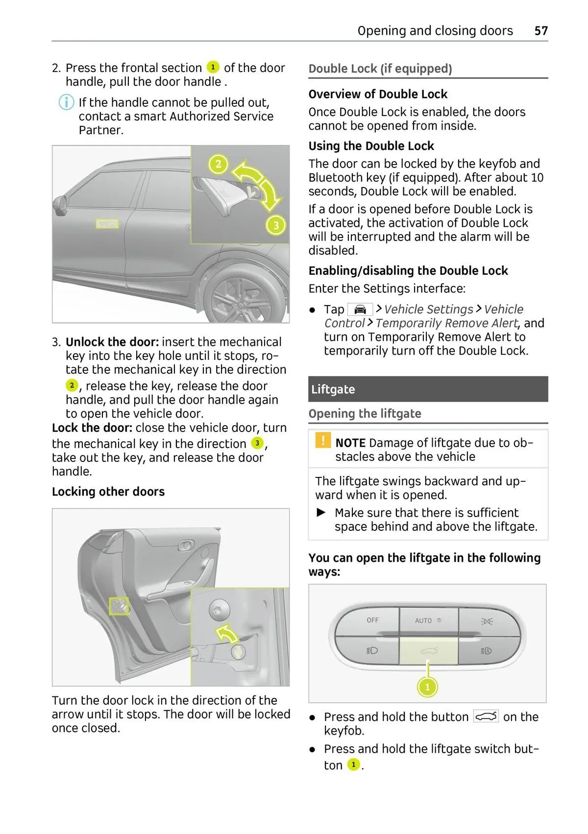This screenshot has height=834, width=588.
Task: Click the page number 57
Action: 540,31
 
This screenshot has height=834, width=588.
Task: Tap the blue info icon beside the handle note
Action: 66,102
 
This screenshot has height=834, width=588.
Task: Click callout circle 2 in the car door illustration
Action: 218,164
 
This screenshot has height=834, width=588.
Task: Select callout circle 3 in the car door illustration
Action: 276,225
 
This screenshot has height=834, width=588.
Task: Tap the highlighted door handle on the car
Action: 107,224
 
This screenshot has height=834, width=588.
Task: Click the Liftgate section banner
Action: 428,389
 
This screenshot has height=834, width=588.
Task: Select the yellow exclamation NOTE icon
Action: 323,440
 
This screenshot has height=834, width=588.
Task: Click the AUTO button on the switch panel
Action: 428,620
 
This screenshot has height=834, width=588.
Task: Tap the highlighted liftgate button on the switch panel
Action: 428,650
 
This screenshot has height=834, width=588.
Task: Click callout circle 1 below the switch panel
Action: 427,687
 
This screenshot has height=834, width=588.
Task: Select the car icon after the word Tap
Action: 360,310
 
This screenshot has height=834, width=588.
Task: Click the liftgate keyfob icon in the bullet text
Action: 486,716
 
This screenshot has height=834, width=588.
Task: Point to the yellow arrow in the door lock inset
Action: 227,634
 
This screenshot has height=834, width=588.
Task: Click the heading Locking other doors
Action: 108,492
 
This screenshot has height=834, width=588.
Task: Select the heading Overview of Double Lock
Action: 378,94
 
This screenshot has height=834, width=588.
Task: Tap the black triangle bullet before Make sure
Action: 321,512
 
